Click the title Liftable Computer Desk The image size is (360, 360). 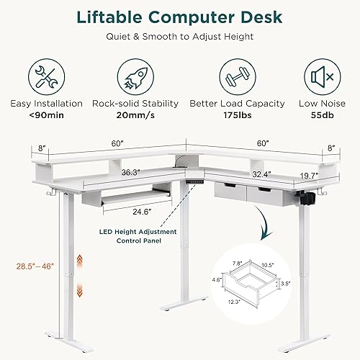click(x=180, y=17)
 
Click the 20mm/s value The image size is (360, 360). click(x=136, y=114)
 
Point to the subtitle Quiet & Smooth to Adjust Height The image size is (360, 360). click(x=180, y=36)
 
